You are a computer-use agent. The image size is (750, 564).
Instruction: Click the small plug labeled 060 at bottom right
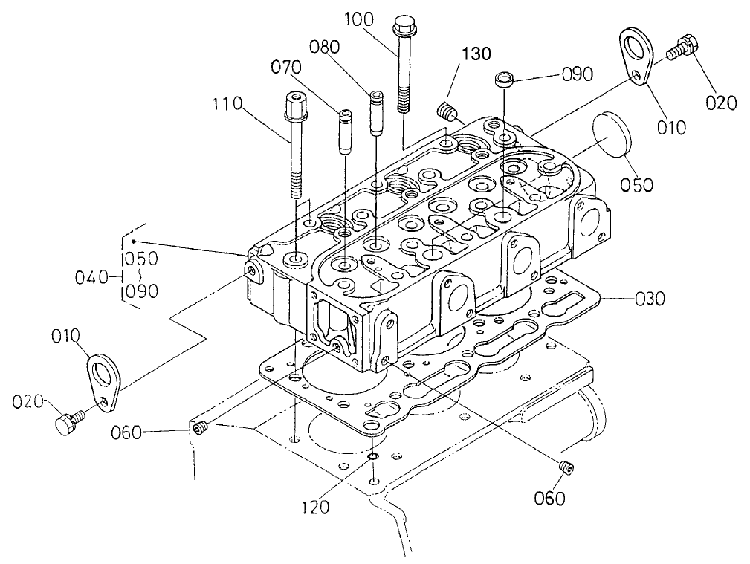pos(564,467)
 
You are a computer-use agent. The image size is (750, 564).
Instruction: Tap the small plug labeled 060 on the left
pos(199,427)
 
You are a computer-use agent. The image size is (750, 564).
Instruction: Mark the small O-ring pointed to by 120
pos(375,456)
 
